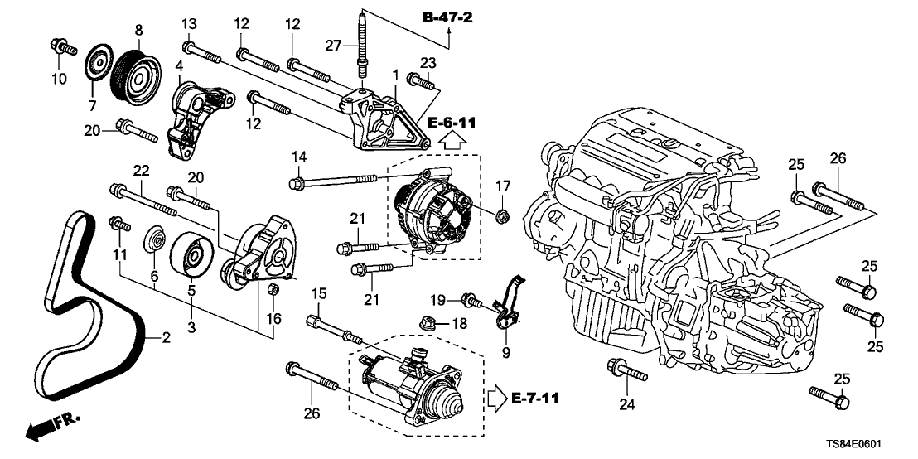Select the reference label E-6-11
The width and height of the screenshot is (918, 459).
click(452, 123)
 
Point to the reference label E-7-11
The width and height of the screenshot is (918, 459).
click(530, 399)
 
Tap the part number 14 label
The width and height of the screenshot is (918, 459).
click(297, 157)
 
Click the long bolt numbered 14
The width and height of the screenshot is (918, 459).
click(336, 179)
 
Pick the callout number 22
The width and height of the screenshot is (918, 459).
click(142, 170)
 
